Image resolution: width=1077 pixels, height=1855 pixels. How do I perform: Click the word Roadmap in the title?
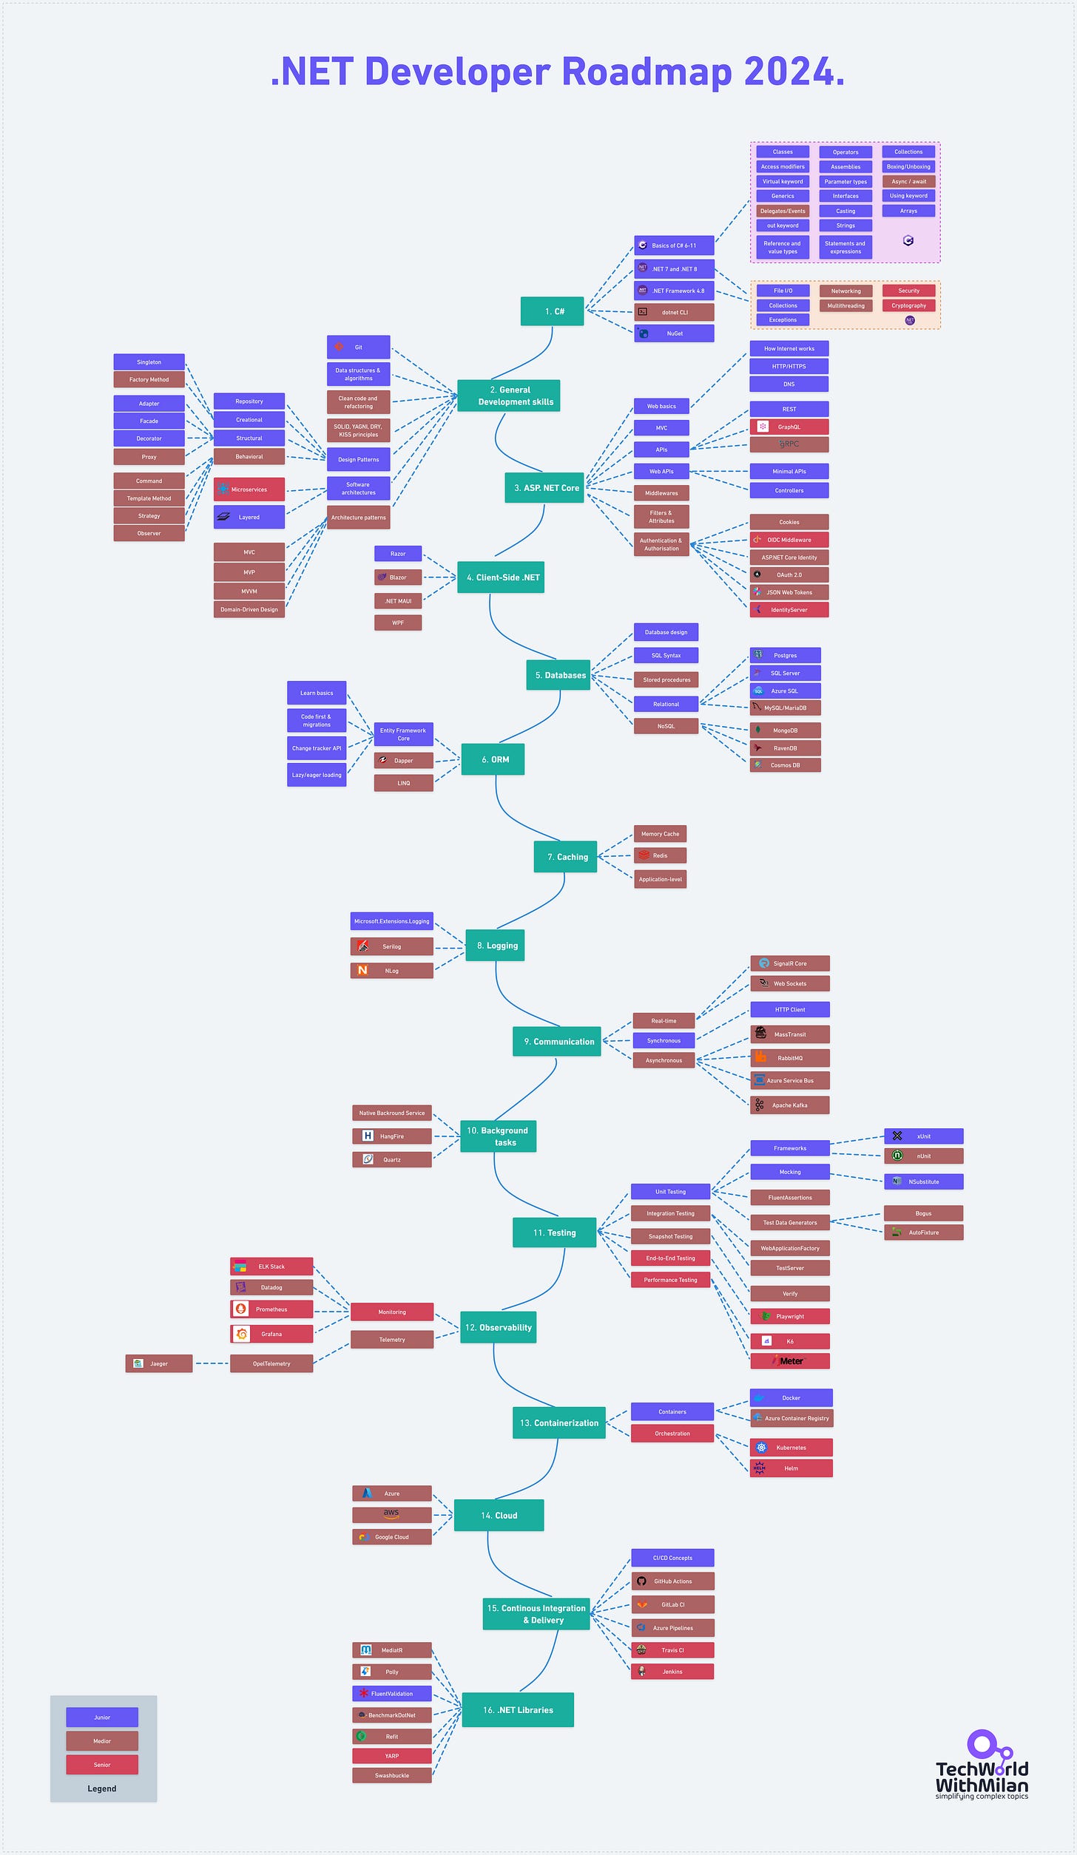pos(646,72)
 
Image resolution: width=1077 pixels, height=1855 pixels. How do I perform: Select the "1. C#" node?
pos(552,311)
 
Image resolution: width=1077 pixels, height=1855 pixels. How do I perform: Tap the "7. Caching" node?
pos(566,856)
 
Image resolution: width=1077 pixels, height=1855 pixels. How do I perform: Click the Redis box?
pos(660,855)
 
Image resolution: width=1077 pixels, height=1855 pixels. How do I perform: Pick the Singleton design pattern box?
pos(149,362)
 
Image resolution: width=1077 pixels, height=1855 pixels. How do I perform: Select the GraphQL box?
pos(789,427)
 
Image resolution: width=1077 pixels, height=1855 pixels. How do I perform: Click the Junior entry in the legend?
pos(102,1717)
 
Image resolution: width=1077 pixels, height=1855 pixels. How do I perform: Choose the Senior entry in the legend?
pos(102,1764)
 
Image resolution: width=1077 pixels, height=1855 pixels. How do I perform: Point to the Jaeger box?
pos(159,1363)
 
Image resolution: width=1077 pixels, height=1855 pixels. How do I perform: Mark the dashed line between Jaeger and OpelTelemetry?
pos(212,1363)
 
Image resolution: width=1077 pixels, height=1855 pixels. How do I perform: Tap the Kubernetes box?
pos(791,1447)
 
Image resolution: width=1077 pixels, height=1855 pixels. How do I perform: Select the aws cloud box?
pos(391,1514)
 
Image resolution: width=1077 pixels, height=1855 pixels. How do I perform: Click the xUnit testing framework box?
pos(923,1136)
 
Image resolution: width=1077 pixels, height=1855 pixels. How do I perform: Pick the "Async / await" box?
pos(908,181)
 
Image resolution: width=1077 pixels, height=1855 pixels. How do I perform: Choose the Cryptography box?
pos(908,305)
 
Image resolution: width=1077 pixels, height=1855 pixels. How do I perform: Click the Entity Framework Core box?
pos(403,734)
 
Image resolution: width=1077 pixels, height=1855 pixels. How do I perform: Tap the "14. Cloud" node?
pos(499,1515)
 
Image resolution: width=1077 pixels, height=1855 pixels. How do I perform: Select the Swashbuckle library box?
pos(391,1775)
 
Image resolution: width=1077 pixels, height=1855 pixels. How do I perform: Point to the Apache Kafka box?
pos(789,1105)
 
